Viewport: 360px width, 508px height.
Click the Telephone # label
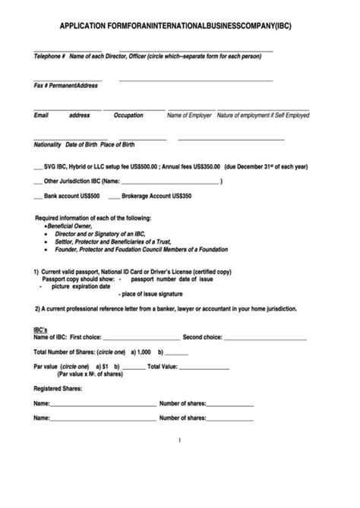(49, 56)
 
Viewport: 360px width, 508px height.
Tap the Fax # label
(42, 86)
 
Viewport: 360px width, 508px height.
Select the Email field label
(41, 115)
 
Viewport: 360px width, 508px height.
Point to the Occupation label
(128, 115)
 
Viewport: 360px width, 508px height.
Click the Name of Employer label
(189, 115)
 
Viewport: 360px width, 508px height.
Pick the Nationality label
(48, 145)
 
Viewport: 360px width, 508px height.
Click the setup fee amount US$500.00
(142, 166)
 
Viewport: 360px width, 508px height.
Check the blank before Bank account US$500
(38, 196)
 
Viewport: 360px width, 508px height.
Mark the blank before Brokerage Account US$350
(114, 196)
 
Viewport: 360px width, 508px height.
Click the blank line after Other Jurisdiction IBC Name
(171, 181)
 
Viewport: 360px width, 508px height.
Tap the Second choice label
(202, 336)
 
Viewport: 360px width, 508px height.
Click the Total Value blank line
(203, 367)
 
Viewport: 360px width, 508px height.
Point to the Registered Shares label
(58, 389)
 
